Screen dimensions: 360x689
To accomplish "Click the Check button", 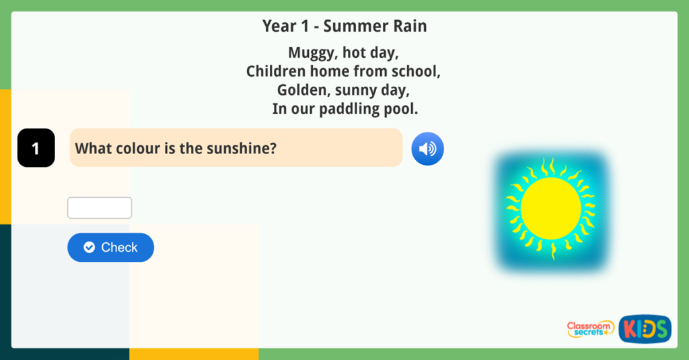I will tap(110, 248).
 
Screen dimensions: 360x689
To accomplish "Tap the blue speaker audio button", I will tap(427, 149).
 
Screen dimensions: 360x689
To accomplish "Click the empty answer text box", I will tap(100, 208).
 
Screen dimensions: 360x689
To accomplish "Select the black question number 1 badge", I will tap(36, 148).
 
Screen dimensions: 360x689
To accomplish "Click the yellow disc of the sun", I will tap(550, 208).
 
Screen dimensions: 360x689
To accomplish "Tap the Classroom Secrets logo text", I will tap(590, 328).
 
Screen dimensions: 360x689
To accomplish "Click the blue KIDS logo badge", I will tap(645, 328).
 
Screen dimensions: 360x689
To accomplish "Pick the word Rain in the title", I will tap(407, 26).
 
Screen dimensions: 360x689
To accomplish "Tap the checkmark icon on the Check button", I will tap(89, 248).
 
